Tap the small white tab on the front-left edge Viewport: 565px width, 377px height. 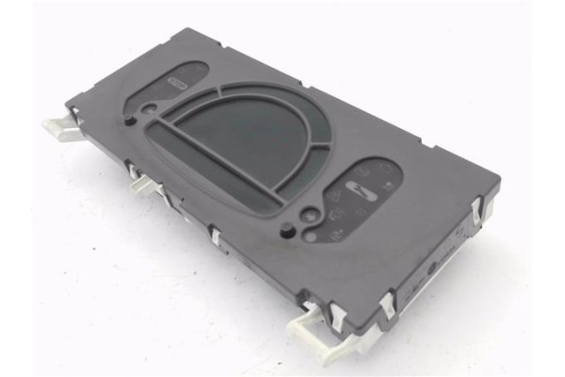(x=140, y=185)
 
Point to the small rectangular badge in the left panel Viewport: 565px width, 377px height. (x=176, y=84)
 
